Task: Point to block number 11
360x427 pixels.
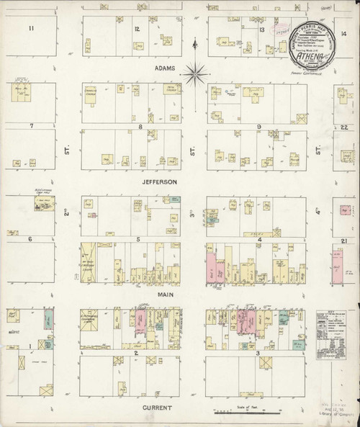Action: (x=30, y=28)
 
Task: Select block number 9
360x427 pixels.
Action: (x=258, y=127)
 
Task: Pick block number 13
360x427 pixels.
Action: (x=263, y=30)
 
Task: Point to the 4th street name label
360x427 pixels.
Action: (x=318, y=215)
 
